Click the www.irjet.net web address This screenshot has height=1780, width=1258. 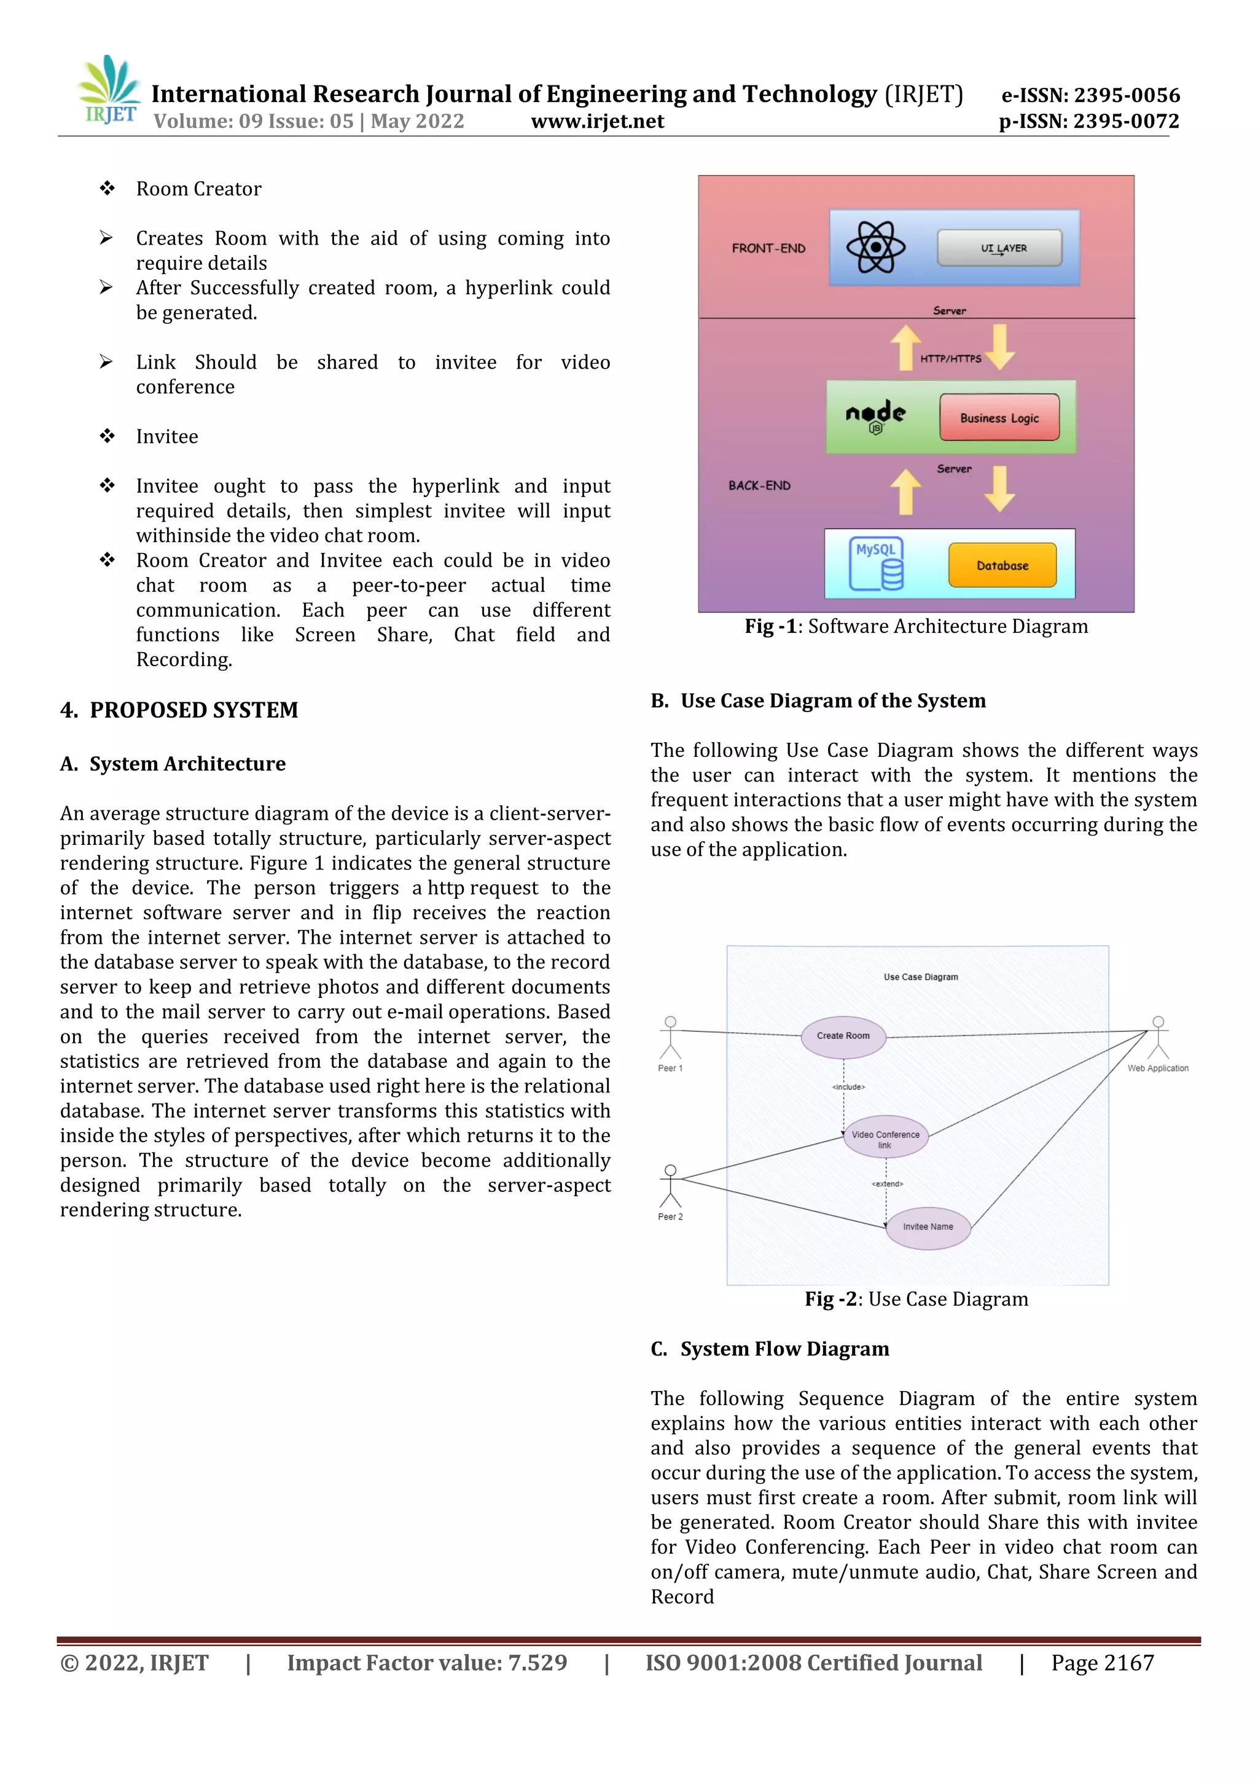pos(597,121)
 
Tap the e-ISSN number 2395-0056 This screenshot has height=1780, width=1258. pos(1090,95)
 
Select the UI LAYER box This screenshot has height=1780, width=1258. pos(999,248)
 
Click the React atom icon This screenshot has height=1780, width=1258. pos(876,248)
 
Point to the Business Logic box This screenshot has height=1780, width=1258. pos(999,418)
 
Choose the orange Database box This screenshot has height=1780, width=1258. pos(1002,565)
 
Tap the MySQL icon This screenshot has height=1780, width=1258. pos(877,563)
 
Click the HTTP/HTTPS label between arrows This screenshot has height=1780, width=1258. pos(950,358)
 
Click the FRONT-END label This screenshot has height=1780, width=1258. pos(768,248)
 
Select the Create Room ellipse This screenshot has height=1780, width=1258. pos(843,1036)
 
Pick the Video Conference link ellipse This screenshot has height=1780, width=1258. pos(885,1138)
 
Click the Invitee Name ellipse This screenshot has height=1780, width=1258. pos(928,1226)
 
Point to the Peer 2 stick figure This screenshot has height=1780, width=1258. pos(671,1186)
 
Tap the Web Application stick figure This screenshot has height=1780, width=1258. pos(1157,1038)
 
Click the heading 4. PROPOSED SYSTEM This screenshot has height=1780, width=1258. pos(179,710)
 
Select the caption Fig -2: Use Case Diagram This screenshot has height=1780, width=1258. pos(916,1300)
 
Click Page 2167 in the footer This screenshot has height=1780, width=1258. pos(1101,1663)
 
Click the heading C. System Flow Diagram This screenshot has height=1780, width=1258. pos(770,1349)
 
